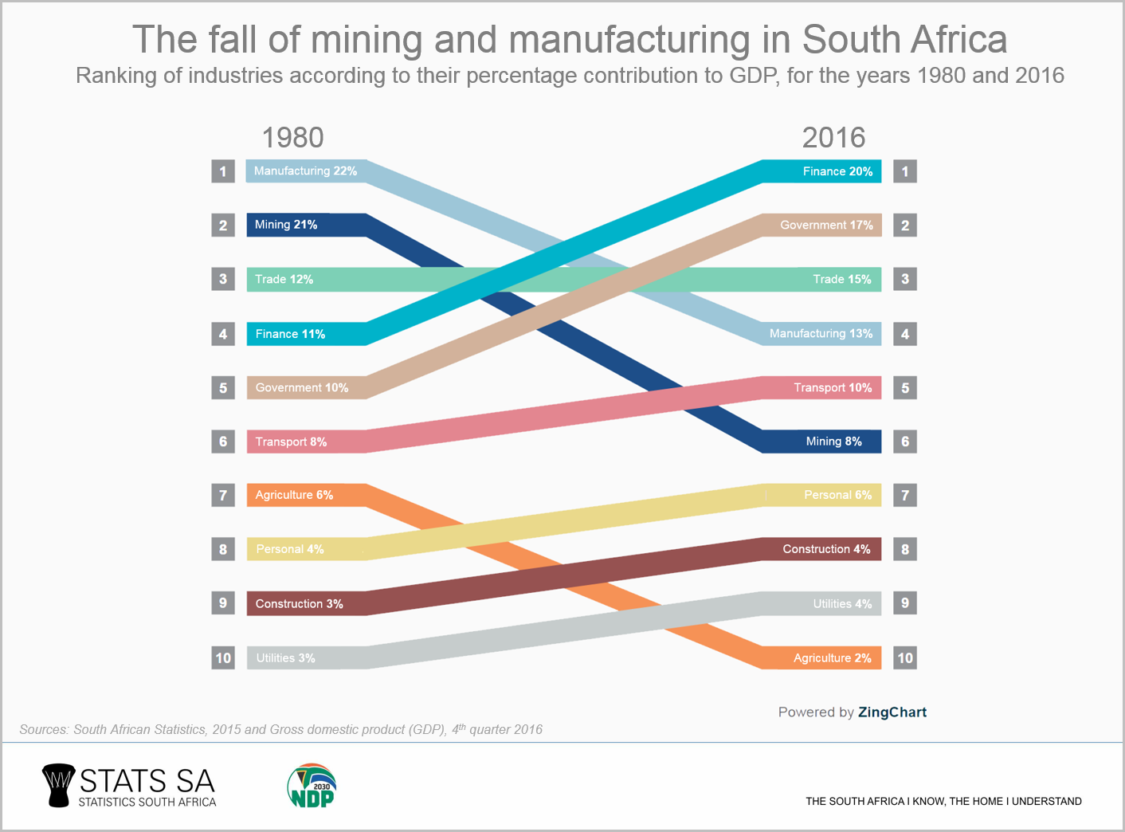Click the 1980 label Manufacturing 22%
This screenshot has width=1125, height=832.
tap(305, 171)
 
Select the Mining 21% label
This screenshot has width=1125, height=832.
tap(286, 225)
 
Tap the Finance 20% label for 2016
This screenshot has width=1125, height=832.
tap(837, 171)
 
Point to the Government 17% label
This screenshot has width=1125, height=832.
tap(826, 226)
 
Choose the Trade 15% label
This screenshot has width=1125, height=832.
tap(841, 280)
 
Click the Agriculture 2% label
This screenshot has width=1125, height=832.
tap(832, 658)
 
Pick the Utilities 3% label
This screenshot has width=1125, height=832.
tap(285, 658)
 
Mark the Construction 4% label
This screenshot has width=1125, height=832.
tap(826, 549)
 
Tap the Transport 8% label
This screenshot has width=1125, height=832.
tap(291, 442)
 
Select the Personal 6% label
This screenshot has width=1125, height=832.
tap(837, 495)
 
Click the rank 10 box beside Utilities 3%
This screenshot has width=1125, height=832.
tap(223, 658)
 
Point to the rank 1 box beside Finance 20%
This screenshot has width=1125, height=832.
tap(905, 171)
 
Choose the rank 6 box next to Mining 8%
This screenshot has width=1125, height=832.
tap(905, 442)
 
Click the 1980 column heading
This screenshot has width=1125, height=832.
tap(292, 138)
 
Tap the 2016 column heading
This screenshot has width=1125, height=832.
tap(833, 138)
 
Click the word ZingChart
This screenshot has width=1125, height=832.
tap(892, 712)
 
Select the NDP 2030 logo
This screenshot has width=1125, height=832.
tap(312, 786)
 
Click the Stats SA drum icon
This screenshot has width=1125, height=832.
tap(57, 785)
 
